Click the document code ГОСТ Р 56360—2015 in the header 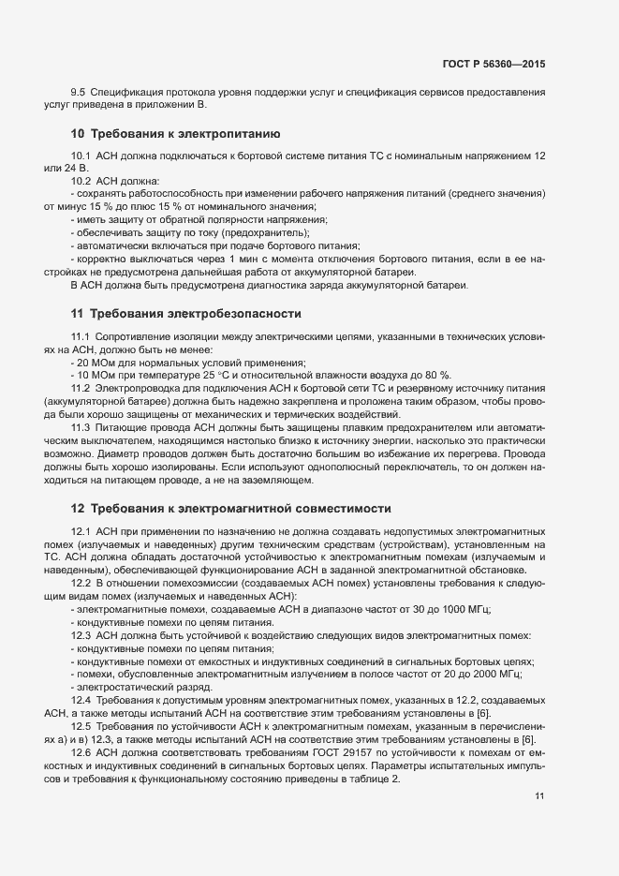click(x=494, y=64)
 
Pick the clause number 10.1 click(x=81, y=155)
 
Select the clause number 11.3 click(x=81, y=427)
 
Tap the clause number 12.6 click(x=81, y=753)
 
